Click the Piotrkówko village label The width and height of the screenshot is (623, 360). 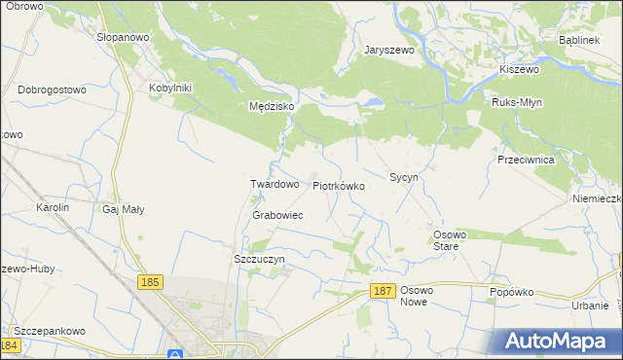(339, 185)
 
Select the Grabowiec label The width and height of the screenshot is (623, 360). (278, 215)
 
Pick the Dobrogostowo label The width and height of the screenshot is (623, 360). (53, 90)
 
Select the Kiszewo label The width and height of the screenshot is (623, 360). (519, 70)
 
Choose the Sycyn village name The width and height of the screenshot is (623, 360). (403, 178)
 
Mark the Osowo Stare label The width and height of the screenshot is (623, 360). (451, 240)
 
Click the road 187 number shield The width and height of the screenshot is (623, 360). (384, 292)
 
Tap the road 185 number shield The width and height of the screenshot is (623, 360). (149, 282)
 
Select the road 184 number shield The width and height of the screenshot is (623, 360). (11, 345)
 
